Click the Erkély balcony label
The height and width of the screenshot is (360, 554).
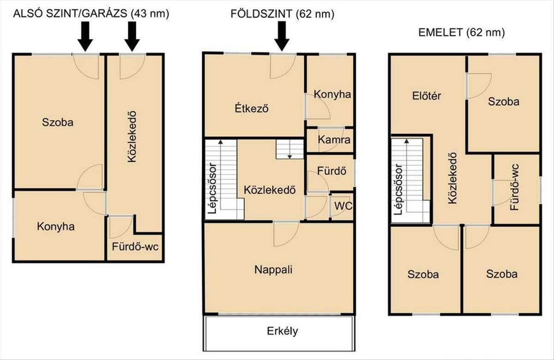[x=283, y=331]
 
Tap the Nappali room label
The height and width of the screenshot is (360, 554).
[x=273, y=270]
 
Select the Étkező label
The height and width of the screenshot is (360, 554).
[x=252, y=108]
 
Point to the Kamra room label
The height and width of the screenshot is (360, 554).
[x=334, y=140]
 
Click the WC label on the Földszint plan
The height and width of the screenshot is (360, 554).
[x=343, y=206]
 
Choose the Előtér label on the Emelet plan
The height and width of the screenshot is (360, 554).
[x=427, y=96]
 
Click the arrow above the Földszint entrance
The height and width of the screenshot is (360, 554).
[x=282, y=36]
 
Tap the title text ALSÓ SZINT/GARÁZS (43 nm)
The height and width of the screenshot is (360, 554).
[x=91, y=13]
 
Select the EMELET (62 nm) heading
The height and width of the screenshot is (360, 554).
[x=462, y=32]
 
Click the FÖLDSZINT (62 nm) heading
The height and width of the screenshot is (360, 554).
[x=282, y=14]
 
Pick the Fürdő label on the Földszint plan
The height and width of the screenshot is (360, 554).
[x=331, y=171]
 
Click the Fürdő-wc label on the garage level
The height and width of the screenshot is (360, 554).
[x=135, y=247]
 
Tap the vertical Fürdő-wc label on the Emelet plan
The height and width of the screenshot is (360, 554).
[x=515, y=187]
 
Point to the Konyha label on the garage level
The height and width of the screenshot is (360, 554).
[x=56, y=227]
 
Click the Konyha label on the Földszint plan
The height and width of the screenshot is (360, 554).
[x=332, y=95]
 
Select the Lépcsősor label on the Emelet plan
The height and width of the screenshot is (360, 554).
[x=398, y=189]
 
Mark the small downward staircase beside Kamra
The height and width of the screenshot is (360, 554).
[x=289, y=149]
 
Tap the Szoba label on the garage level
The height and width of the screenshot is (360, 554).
[x=58, y=122]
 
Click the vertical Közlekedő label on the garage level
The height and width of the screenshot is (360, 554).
[x=132, y=137]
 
